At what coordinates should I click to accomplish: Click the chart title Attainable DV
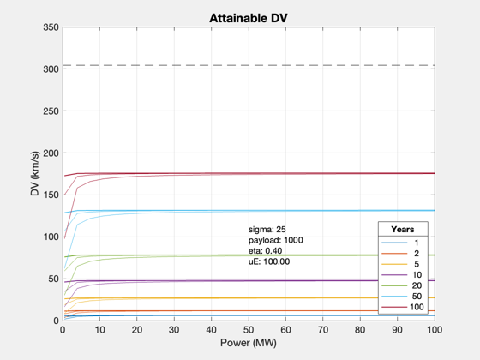tap(249, 18)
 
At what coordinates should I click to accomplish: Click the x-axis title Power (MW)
tap(249, 343)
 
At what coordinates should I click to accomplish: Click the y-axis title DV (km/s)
tap(35, 173)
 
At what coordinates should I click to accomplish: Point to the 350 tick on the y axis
tap(51, 27)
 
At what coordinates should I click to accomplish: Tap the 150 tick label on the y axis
tap(51, 195)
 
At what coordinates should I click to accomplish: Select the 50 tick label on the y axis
tap(53, 279)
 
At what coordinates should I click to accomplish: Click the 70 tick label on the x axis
tap(323, 330)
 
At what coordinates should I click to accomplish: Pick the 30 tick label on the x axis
tap(174, 330)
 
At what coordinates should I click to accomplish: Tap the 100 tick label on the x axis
tap(435, 330)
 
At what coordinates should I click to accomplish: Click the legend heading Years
tap(403, 230)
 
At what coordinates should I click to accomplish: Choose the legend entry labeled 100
tap(403, 307)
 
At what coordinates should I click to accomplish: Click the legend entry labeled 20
tap(402, 285)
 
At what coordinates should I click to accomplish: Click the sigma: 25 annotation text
tap(267, 230)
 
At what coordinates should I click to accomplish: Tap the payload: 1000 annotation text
tap(275, 240)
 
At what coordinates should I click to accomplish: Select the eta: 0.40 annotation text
tap(265, 251)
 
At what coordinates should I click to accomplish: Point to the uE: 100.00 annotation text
tap(269, 261)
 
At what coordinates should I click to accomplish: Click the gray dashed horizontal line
tap(249, 65)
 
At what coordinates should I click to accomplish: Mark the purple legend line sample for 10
tap(394, 275)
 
